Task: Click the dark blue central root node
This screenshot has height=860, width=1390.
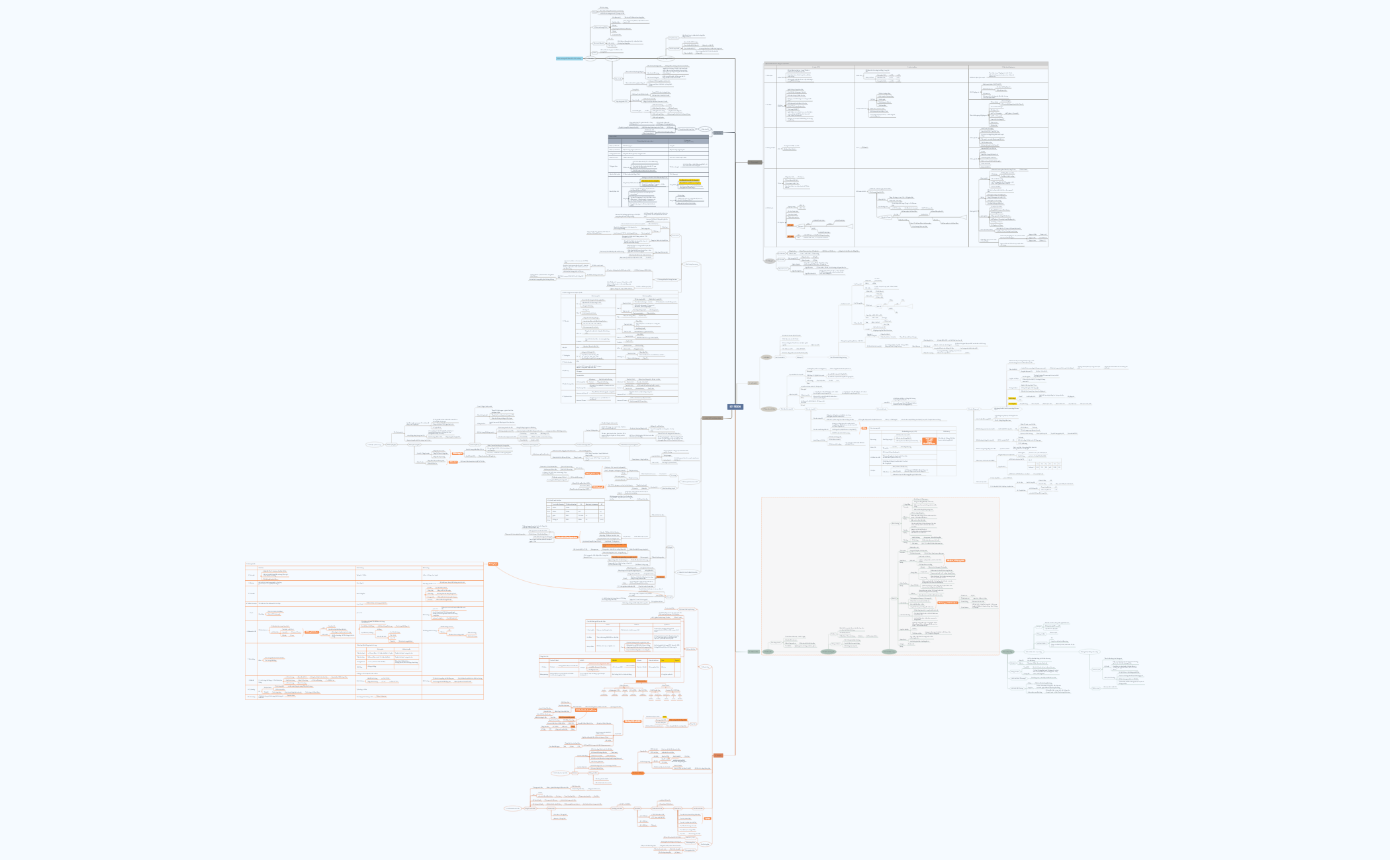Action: (735, 407)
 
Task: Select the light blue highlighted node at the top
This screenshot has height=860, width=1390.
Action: (569, 58)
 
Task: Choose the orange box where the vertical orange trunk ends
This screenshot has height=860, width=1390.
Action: (718, 755)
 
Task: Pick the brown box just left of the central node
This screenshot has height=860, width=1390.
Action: (712, 418)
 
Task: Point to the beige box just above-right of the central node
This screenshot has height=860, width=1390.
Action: (753, 383)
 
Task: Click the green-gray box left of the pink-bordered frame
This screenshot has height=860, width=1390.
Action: (754, 652)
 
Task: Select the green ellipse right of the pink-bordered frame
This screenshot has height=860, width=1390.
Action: (1007, 652)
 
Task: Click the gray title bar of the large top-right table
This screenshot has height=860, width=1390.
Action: (905, 64)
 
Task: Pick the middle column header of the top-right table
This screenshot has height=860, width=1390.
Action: (912, 67)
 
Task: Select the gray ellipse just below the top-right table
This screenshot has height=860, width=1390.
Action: (770, 261)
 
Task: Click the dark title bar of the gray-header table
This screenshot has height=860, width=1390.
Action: (658, 136)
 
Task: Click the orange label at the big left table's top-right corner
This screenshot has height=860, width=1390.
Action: (492, 564)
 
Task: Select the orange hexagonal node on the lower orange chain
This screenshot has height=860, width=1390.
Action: (637, 773)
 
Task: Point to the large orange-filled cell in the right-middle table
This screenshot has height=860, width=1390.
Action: (929, 441)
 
